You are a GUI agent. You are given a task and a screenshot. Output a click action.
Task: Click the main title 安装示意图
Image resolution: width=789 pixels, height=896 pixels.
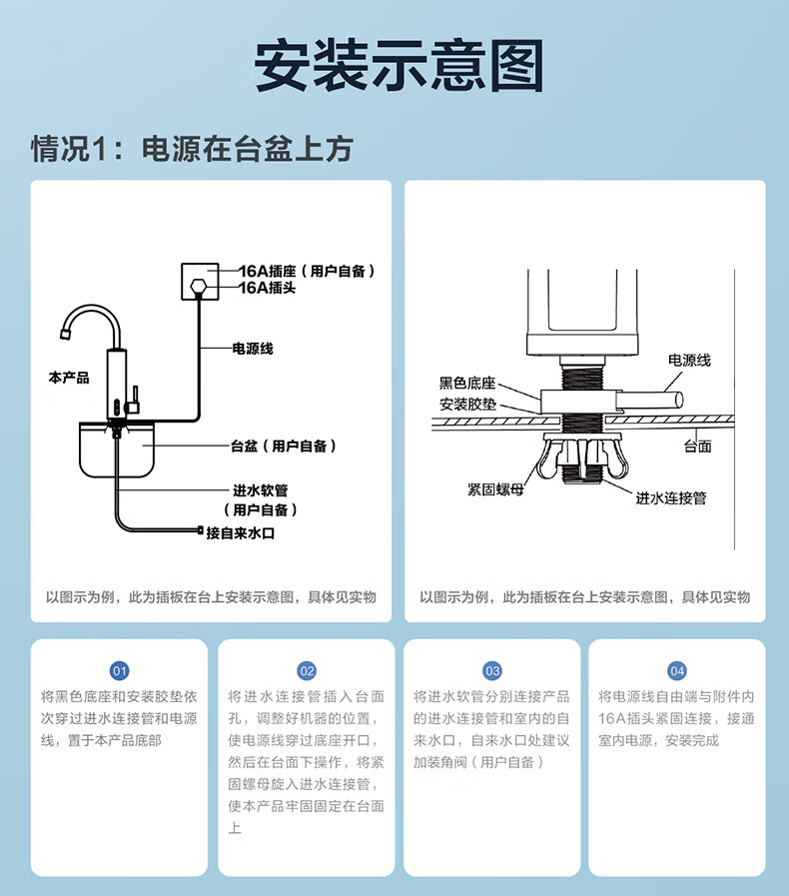397,67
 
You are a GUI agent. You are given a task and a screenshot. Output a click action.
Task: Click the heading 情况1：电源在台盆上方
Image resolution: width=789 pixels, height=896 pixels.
192,149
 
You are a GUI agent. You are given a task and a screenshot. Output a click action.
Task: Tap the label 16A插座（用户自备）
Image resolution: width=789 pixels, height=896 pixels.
307,271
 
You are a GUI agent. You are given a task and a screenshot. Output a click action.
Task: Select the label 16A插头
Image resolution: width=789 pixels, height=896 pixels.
267,288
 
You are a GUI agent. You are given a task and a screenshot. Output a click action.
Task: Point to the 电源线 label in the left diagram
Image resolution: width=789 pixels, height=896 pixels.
253,349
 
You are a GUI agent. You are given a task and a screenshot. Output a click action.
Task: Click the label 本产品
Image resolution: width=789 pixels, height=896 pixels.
69,378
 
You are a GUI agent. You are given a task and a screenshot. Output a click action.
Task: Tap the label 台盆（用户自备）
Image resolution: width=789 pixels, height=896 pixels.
284,447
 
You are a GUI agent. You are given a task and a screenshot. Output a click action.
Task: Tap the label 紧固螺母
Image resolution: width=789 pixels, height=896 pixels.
494,489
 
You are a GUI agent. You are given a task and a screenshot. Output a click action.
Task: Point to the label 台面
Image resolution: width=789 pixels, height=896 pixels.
698,447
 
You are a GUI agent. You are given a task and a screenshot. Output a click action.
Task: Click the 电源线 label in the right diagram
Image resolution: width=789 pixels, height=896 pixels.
689,360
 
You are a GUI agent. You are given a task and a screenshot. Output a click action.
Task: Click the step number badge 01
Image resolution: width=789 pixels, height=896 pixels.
119,670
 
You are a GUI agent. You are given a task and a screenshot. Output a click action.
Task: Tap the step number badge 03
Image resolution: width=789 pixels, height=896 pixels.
491,670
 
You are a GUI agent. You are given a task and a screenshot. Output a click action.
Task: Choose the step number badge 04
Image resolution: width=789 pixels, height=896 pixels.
677,670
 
